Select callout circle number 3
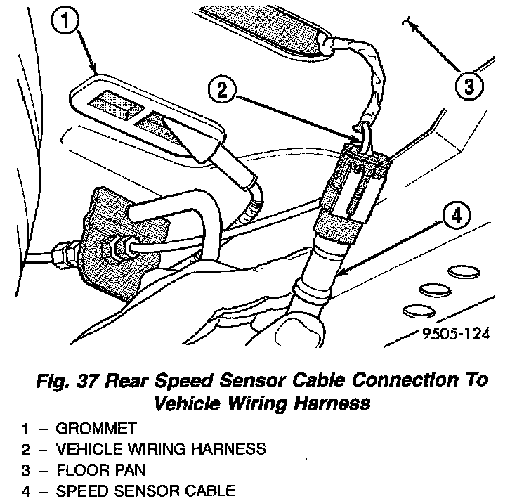(469, 87)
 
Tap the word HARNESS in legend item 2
(230, 448)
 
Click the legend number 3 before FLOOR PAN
(25, 469)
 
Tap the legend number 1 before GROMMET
(25, 427)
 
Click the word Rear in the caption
(121, 382)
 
